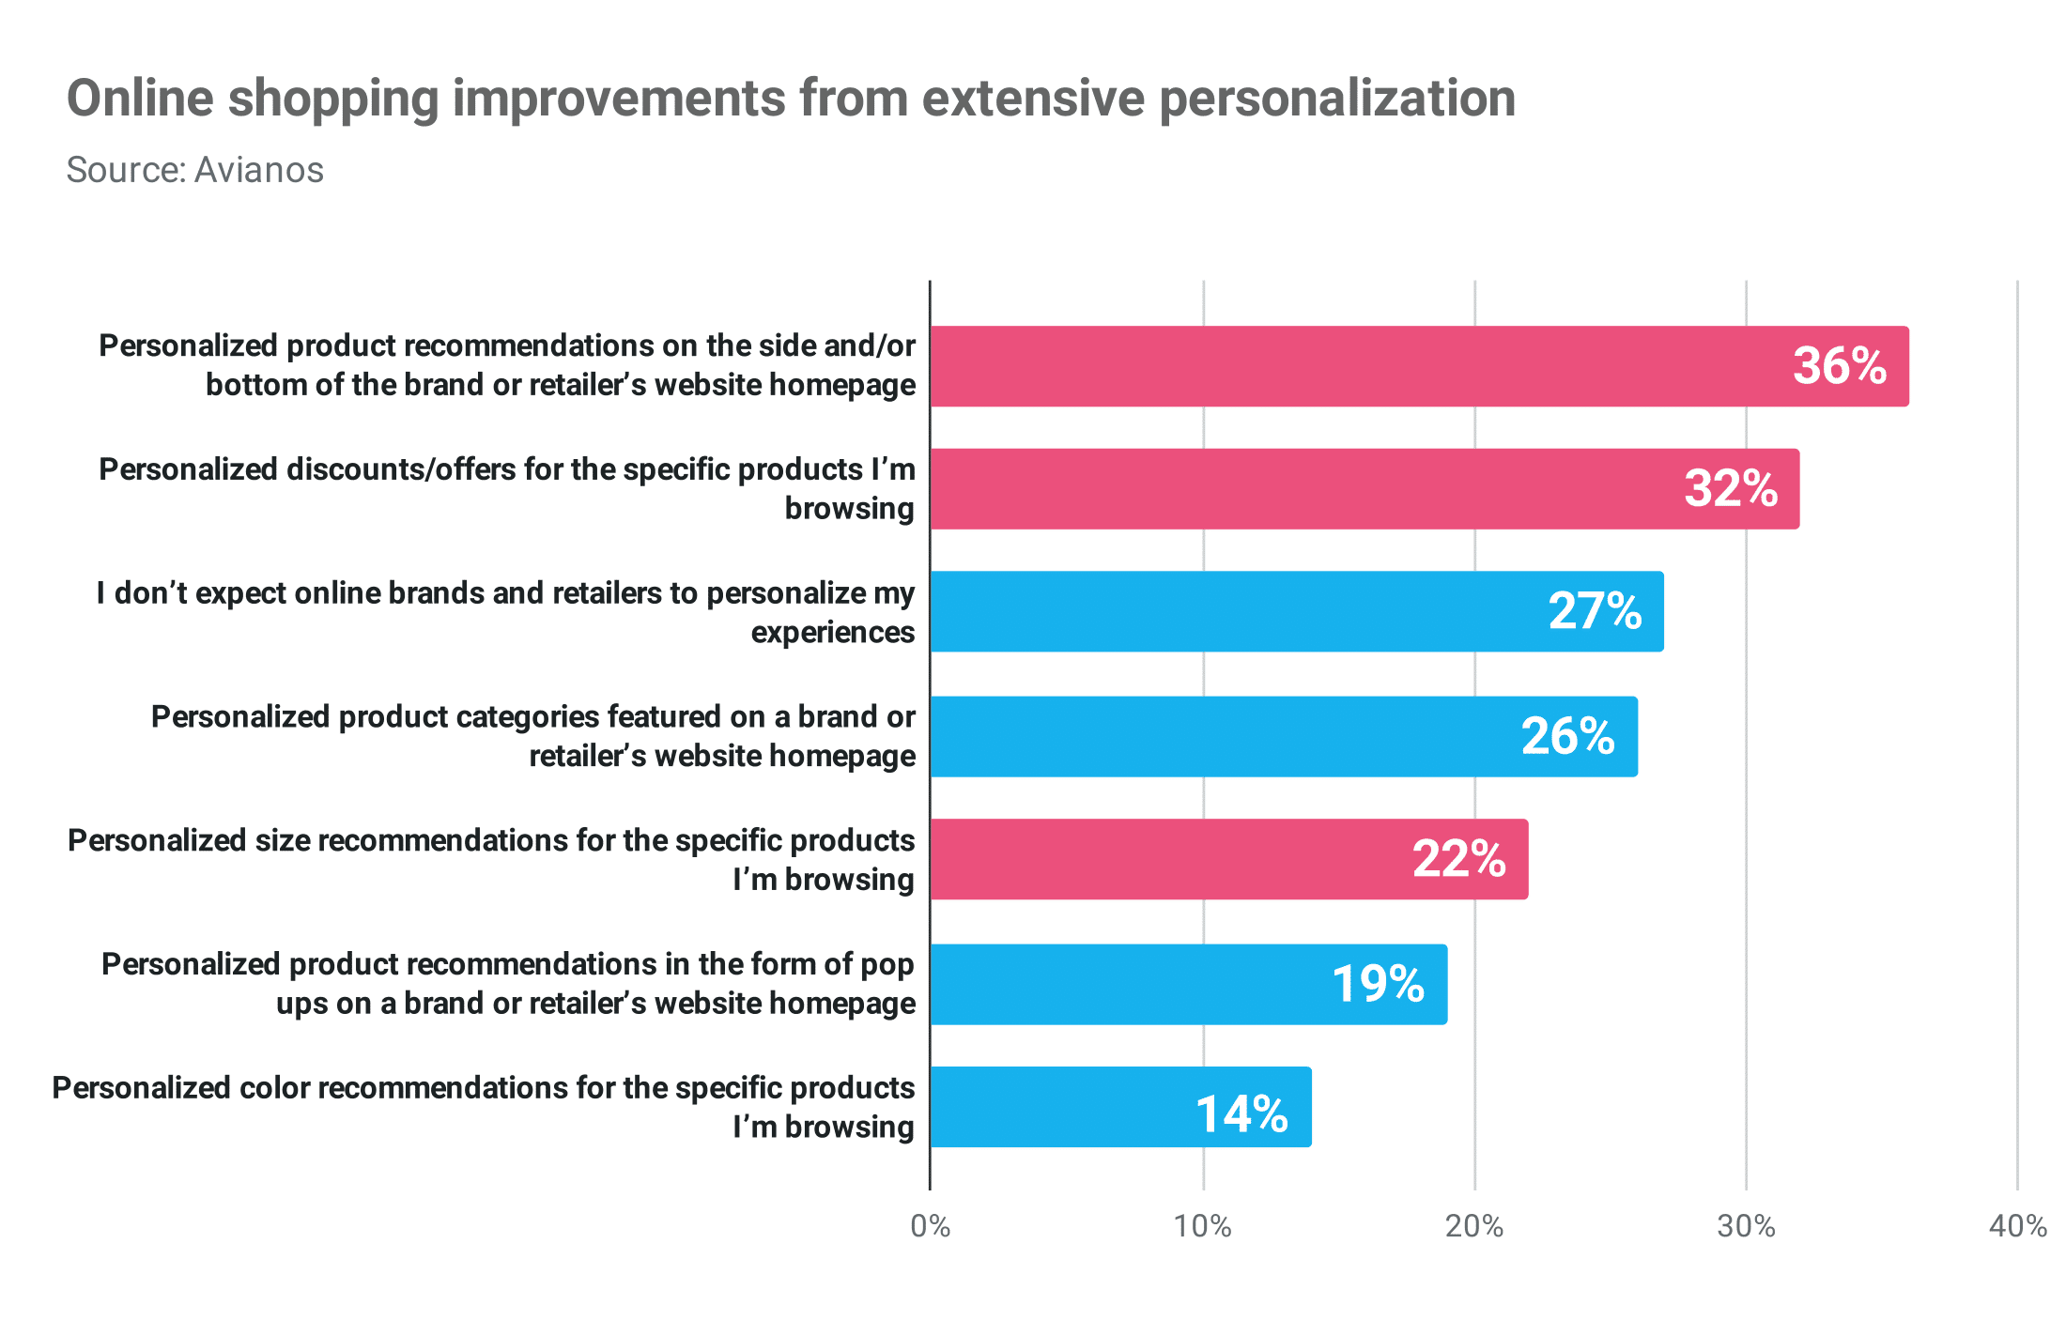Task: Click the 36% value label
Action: click(x=1839, y=366)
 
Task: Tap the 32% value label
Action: click(x=1730, y=489)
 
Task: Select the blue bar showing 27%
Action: click(x=1296, y=611)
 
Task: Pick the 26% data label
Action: click(x=1567, y=736)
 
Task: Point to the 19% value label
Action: click(x=1378, y=984)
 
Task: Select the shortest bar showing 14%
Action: click(x=1120, y=1107)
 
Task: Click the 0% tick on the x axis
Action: click(x=931, y=1226)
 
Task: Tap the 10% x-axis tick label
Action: click(x=1203, y=1226)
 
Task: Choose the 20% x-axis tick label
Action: click(x=1474, y=1226)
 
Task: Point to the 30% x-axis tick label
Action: click(x=1746, y=1226)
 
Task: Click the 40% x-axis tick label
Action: click(x=2017, y=1226)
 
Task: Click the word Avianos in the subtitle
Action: click(x=259, y=171)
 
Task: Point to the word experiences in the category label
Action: click(x=832, y=633)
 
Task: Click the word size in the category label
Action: click(x=283, y=840)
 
